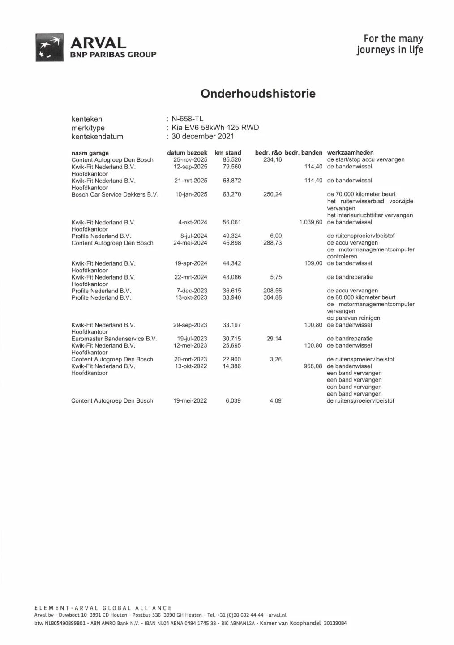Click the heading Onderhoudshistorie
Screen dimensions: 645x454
pos(258,94)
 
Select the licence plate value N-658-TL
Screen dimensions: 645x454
pos(188,119)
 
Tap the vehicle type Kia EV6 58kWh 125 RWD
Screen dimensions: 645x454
pos(215,128)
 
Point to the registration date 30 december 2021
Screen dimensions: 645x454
pos(203,136)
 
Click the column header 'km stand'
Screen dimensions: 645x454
pos(228,153)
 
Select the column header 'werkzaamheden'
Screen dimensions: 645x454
pos(350,153)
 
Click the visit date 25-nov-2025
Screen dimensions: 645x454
pos(190,160)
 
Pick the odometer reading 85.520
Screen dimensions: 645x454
pos(232,160)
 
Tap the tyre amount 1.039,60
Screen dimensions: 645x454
pos(311,222)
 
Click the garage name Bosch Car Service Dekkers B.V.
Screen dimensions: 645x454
pos(115,194)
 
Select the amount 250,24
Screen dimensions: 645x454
pos(273,194)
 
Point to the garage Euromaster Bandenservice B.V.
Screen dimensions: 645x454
pos(114,339)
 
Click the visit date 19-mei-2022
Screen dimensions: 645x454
pos(190,401)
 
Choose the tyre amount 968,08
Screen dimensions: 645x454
pos(313,366)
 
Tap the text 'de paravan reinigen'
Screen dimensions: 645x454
pos(353,318)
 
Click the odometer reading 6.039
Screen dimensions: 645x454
pos(233,401)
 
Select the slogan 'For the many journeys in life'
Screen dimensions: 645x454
pos(390,44)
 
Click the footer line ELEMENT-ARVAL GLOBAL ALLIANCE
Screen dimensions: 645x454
pos(103,608)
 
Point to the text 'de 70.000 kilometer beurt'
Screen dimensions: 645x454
pos(361,194)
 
